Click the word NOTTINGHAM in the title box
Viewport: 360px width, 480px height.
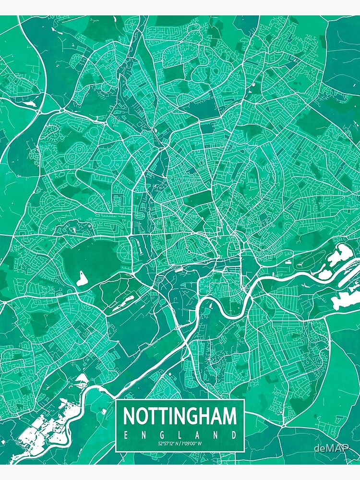[x=180, y=416]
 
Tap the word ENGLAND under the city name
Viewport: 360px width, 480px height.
[x=180, y=435]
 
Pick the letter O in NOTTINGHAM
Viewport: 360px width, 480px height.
[x=143, y=416]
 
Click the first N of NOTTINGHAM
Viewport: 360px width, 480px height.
[x=129, y=416]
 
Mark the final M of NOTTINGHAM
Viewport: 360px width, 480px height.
[x=229, y=416]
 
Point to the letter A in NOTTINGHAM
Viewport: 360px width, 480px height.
[x=216, y=416]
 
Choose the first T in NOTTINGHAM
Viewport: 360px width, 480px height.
[x=155, y=416]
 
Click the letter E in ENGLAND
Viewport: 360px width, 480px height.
[x=126, y=435]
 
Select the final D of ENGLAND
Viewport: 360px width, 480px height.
[x=234, y=435]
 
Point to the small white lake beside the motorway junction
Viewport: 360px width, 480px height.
[x=29, y=102]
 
